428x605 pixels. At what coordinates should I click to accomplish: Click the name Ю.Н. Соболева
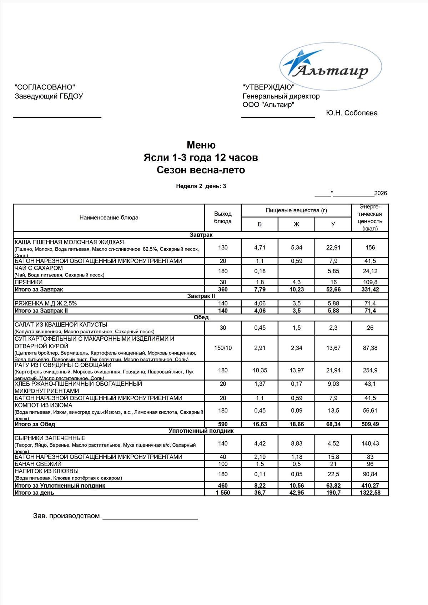pos(352,113)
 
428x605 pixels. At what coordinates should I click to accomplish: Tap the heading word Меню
pos(201,145)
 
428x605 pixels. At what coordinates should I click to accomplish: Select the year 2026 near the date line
pos(381,193)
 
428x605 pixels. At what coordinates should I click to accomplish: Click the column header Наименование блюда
pos(109,218)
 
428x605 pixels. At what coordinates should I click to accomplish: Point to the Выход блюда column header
pos(223,217)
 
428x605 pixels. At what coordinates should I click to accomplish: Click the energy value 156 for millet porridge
pos(370,248)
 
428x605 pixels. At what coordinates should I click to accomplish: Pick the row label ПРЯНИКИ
pos(29,282)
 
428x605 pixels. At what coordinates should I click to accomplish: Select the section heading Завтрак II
pos(201,296)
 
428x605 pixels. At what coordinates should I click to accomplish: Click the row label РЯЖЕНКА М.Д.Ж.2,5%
pos(46,304)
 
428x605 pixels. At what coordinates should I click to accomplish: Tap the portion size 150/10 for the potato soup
pos(223,348)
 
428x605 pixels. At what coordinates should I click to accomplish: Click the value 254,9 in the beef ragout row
pos(370,370)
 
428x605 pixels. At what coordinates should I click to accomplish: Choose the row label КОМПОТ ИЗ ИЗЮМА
pos(44,405)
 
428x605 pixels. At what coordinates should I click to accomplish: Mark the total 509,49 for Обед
pos(370,424)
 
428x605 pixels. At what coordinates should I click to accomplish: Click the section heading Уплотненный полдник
pos(201,431)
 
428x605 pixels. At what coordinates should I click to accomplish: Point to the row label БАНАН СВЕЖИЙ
pos(38,464)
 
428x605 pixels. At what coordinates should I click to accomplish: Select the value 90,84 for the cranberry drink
pos(370,474)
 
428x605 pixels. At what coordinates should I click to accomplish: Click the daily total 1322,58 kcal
pos(370,493)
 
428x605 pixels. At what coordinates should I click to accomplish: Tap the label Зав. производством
pos(66,516)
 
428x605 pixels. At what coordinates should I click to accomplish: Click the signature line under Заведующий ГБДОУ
pos(57,117)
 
